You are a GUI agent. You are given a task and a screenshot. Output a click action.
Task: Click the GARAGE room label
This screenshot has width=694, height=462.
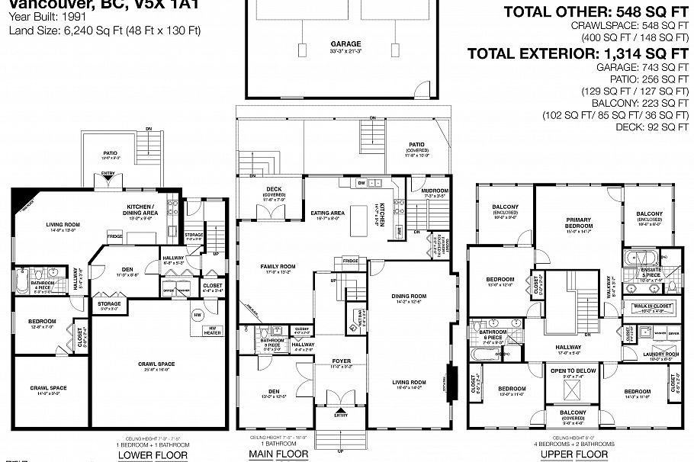coord(345,44)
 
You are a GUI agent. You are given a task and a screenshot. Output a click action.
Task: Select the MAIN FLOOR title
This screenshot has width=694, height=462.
coord(279,455)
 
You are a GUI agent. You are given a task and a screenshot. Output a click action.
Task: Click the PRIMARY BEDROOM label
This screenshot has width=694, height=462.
coord(579,223)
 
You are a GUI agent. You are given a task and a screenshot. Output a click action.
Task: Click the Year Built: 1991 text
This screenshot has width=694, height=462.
coord(39,18)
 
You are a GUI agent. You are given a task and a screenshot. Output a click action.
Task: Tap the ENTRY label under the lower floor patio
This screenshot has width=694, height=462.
coord(108,175)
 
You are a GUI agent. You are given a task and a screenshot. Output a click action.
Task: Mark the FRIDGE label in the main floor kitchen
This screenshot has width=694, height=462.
coord(350,261)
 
